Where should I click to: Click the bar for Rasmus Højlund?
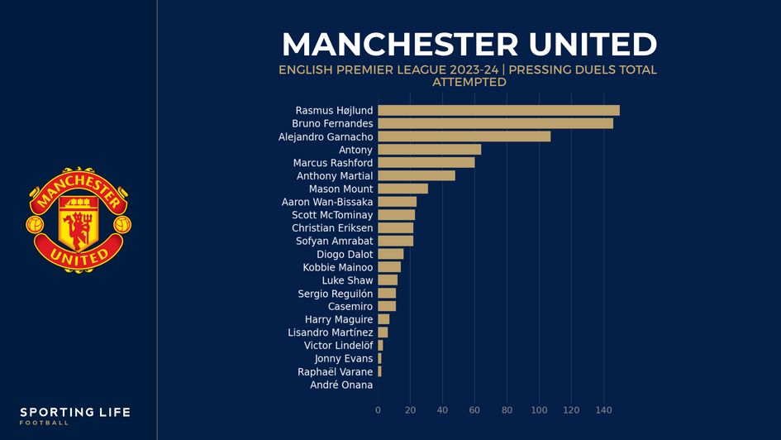498,110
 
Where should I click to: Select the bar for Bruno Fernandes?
495,123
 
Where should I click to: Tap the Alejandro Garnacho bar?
464,136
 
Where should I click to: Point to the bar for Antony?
429,150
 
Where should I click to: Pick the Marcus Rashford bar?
426,163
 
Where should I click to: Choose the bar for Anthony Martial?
416,176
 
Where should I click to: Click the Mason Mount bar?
402,189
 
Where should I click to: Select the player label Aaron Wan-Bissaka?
327,202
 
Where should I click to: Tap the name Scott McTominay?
332,215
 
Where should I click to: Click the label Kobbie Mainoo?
338,267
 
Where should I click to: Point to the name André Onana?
341,385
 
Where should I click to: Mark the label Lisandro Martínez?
330,332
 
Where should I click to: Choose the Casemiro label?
350,306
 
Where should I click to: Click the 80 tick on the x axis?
507,410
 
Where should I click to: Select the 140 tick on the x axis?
603,410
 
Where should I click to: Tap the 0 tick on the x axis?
378,410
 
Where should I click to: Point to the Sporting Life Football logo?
75,415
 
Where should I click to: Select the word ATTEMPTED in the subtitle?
469,83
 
